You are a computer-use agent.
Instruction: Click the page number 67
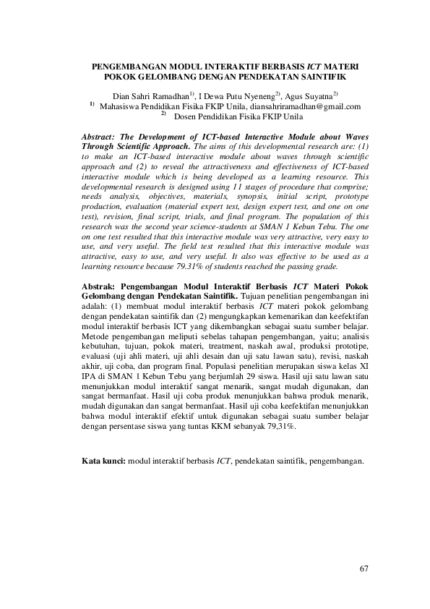click(x=364, y=568)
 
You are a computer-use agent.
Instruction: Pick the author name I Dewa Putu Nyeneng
click(x=237, y=95)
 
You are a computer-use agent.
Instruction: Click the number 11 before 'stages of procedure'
click(x=241, y=186)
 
